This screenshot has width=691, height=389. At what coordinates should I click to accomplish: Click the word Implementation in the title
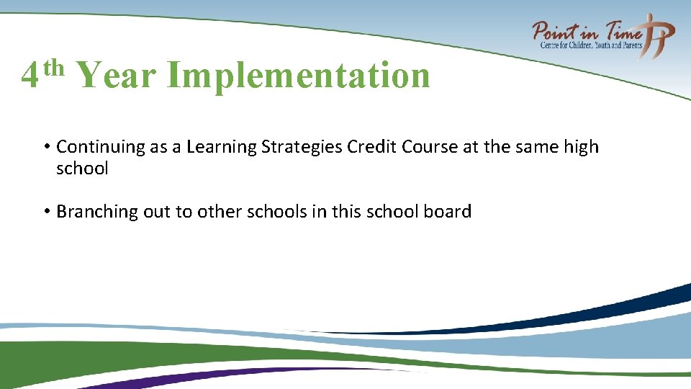(x=299, y=75)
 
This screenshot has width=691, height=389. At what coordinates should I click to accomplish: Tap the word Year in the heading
(x=115, y=75)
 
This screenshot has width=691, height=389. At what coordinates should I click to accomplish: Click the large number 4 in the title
(x=30, y=76)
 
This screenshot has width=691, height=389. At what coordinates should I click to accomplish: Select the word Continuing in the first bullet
(x=101, y=147)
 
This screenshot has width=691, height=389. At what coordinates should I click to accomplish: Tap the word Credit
(x=372, y=147)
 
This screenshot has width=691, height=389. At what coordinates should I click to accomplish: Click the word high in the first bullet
(x=581, y=147)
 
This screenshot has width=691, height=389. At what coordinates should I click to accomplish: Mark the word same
(x=538, y=147)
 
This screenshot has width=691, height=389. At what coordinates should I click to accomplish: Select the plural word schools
(x=261, y=212)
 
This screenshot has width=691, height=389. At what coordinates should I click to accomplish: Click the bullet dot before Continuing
(x=45, y=148)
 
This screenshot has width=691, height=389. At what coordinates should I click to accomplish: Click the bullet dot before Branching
(x=45, y=212)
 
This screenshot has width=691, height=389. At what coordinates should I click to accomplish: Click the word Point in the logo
(x=556, y=32)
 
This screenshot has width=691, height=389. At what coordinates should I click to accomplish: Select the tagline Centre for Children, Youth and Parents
(x=592, y=45)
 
